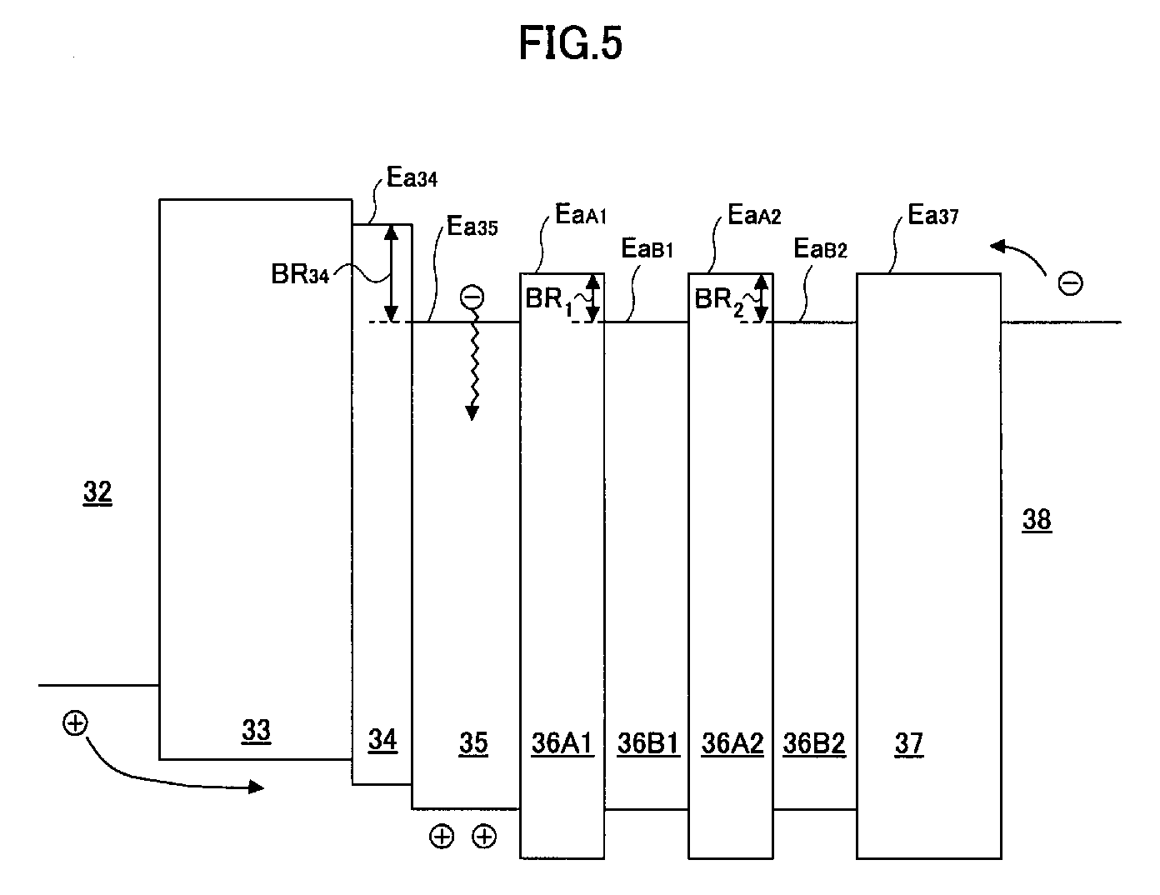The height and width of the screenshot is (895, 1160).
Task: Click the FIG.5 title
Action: pyautogui.click(x=570, y=43)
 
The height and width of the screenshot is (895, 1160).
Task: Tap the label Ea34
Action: pyautogui.click(x=412, y=177)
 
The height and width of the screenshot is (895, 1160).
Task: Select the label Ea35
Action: pyautogui.click(x=472, y=226)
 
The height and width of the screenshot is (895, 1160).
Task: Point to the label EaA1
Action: pyautogui.click(x=581, y=214)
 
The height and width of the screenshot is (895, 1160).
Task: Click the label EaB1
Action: pyautogui.click(x=647, y=248)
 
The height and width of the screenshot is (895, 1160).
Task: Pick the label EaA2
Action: pyautogui.click(x=754, y=214)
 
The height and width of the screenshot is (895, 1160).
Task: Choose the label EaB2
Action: pyautogui.click(x=821, y=248)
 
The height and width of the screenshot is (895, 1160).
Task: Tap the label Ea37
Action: pyautogui.click(x=933, y=214)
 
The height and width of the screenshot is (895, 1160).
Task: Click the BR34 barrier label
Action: pyautogui.click(x=300, y=274)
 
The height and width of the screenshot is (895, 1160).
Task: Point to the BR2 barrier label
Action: pyautogui.click(x=718, y=301)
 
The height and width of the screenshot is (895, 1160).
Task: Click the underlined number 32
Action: pyautogui.click(x=97, y=492)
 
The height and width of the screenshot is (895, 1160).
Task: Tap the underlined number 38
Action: pyautogui.click(x=1037, y=519)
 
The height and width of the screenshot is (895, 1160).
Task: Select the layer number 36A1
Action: pyautogui.click(x=562, y=743)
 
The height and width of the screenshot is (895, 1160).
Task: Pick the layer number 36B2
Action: pyautogui.click(x=814, y=743)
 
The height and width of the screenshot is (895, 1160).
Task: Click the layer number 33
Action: pyautogui.click(x=256, y=730)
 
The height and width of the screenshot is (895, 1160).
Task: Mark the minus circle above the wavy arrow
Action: pyautogui.click(x=472, y=297)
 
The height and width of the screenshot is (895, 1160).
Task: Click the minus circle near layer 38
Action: pyautogui.click(x=1070, y=282)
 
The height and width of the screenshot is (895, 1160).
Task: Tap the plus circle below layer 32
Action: pyautogui.click(x=75, y=723)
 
